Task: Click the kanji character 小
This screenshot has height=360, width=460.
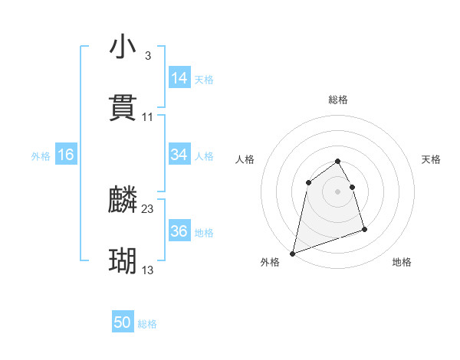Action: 123,47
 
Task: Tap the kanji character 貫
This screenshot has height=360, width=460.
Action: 123,108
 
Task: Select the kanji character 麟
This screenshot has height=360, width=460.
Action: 123,201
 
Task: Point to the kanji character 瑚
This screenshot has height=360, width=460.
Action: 123,261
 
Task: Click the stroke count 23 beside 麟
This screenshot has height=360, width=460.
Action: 148,209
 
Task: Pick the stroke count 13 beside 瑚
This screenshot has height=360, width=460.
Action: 148,270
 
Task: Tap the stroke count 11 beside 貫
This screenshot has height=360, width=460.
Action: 148,116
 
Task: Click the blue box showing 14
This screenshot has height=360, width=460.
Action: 179,78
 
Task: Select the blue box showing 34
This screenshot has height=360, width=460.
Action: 179,155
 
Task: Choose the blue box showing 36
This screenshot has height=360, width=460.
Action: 179,231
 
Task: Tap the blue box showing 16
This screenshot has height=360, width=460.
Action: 66,155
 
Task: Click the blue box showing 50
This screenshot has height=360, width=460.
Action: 123,323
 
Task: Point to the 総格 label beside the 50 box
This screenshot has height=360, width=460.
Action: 147,324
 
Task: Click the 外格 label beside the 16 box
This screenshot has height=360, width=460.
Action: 41,155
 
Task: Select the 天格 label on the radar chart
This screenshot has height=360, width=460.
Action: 431,159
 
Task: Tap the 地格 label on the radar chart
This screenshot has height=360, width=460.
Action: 402,262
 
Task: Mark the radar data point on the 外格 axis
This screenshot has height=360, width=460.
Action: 293,253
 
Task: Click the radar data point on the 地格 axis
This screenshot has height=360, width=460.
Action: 364,229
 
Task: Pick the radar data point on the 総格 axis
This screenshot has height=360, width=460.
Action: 337,161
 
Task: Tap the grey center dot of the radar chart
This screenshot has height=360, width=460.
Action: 337,191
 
